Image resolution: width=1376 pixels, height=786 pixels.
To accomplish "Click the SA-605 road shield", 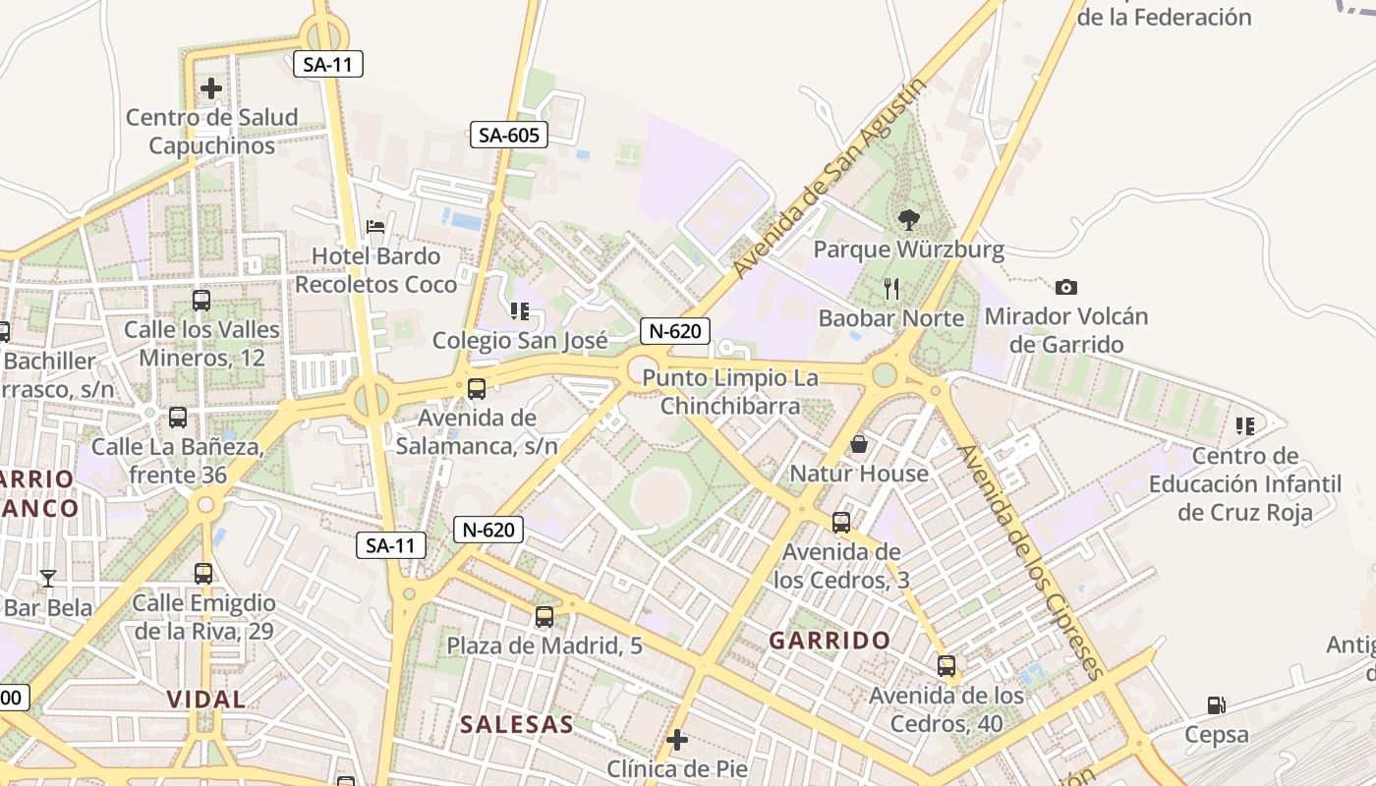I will click(x=508, y=135).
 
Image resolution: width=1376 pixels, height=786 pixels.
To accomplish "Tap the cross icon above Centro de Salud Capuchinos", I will click(x=211, y=88).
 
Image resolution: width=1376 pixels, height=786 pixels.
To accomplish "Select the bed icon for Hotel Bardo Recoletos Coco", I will click(x=375, y=227).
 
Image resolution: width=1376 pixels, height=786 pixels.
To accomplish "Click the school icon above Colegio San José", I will click(x=520, y=311).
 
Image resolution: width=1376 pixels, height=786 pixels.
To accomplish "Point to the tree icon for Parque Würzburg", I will click(x=908, y=220).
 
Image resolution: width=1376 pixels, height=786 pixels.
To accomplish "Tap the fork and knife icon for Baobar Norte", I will click(x=891, y=288).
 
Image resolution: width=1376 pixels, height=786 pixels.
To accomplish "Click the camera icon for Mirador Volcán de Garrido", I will click(x=1065, y=287).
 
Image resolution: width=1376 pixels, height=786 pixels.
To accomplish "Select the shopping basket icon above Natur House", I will click(x=859, y=444).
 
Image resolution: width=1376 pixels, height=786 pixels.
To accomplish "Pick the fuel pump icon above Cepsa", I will click(x=1216, y=704).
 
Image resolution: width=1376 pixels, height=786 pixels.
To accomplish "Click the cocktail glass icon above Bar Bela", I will click(x=47, y=578).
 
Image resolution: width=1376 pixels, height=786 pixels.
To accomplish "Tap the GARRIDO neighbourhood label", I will click(x=830, y=641).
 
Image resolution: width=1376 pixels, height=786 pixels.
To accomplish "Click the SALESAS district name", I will click(x=517, y=725).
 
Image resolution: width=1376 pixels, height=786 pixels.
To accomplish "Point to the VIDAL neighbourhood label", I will click(x=206, y=700).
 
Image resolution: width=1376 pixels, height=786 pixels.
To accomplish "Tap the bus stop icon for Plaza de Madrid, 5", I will click(x=544, y=617).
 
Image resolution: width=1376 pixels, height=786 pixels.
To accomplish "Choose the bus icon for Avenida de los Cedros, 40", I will click(x=946, y=666).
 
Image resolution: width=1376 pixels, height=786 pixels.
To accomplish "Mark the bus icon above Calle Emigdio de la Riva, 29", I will click(x=203, y=574).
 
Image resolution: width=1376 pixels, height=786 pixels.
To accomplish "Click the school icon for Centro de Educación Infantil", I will click(x=1245, y=426).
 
